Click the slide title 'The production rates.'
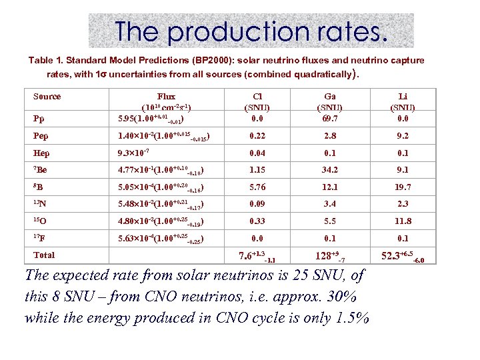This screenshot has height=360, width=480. (251, 31)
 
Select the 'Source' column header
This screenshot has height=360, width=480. (47, 97)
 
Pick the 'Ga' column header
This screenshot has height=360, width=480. (330, 97)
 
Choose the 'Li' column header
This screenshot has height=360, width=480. (402, 97)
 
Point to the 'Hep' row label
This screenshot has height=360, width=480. (41, 153)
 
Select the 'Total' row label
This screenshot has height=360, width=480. (44, 255)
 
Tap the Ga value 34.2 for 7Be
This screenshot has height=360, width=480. (330, 170)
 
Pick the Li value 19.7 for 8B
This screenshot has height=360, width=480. (402, 187)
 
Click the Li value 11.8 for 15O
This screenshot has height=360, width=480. (402, 221)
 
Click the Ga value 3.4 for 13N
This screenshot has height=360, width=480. (330, 204)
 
